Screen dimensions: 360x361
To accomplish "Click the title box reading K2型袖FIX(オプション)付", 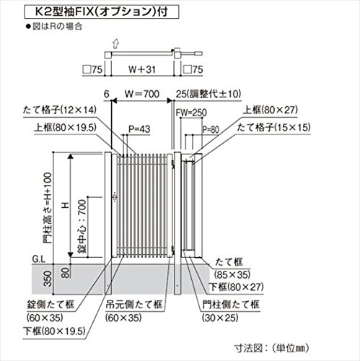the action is click(x=101, y=12).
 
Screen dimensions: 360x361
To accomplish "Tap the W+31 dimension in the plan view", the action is click(x=142, y=69).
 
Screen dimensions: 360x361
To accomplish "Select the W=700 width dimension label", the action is click(x=142, y=94).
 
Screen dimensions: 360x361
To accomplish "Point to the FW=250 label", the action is click(x=191, y=113).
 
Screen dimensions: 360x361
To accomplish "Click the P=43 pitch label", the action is click(x=139, y=129).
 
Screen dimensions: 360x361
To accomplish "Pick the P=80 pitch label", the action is click(x=211, y=130).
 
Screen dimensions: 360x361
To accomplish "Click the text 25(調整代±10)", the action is click(x=208, y=94).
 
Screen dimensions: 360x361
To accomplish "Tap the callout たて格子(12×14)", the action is click(x=60, y=110).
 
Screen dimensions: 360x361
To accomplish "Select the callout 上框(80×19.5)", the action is click(x=65, y=127).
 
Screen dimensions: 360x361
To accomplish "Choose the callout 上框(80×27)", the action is click(x=270, y=110).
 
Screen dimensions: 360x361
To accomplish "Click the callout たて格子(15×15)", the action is click(x=273, y=127).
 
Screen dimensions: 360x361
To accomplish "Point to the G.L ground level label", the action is click(x=38, y=259).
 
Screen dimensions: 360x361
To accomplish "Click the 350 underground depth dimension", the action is click(x=48, y=279).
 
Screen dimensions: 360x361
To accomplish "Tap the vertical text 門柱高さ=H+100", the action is click(x=48, y=208).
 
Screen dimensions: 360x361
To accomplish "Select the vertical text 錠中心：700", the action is click(x=82, y=226).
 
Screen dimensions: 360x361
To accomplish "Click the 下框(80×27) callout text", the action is click(x=236, y=287).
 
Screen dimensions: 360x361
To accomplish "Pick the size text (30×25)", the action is click(x=220, y=318).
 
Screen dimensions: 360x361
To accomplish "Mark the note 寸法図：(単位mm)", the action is click(x=271, y=348).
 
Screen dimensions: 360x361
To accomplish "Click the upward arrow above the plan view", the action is click(x=116, y=44).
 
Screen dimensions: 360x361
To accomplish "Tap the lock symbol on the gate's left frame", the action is click(x=115, y=197).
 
